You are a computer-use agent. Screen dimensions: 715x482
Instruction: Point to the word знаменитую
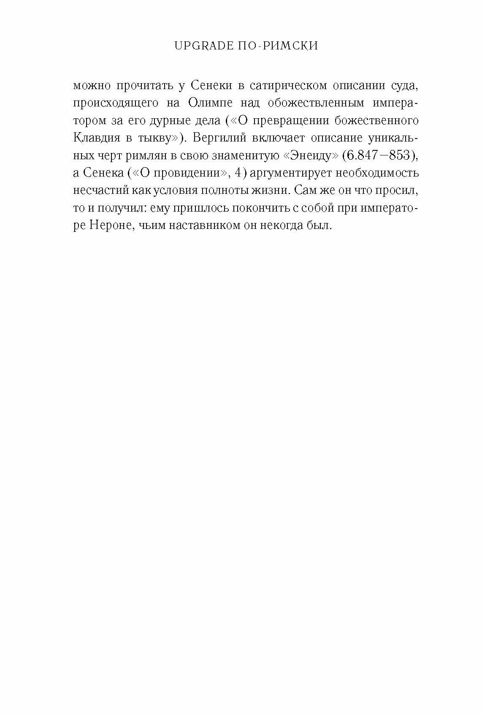(238, 156)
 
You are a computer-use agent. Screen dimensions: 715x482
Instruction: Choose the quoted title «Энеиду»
(310, 156)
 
